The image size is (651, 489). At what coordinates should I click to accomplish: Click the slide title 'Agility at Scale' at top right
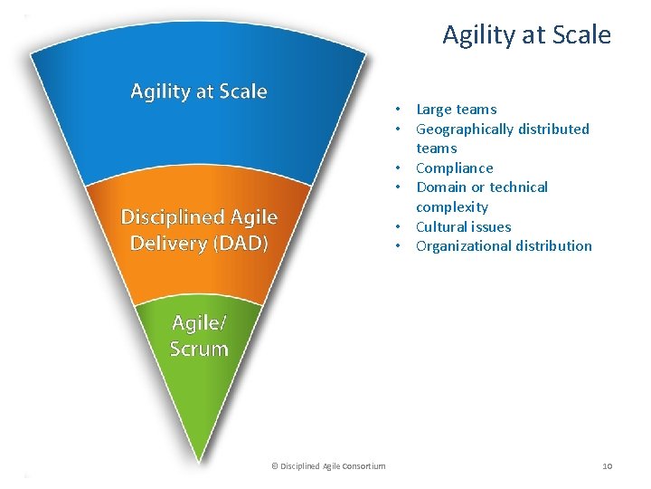click(526, 35)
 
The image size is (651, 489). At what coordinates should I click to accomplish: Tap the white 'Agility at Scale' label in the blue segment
click(199, 91)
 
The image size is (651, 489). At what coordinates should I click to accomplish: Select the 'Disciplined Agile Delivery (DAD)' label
click(199, 230)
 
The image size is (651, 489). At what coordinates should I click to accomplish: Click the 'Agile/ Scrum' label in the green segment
click(199, 336)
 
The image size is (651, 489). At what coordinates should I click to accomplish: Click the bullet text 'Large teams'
click(456, 110)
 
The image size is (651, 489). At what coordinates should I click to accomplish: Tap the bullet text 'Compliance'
click(454, 168)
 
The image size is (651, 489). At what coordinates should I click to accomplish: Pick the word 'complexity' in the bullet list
click(452, 206)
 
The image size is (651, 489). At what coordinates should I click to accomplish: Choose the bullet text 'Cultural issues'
click(463, 226)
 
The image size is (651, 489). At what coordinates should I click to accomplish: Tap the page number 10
click(607, 465)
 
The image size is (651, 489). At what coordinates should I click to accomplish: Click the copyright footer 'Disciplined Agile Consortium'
click(333, 465)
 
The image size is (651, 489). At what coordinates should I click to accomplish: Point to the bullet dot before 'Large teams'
click(397, 110)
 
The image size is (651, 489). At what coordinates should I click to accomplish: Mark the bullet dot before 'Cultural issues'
click(397, 226)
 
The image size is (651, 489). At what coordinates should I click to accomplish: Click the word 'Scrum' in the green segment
click(199, 349)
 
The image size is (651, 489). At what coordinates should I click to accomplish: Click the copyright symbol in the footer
click(274, 465)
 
